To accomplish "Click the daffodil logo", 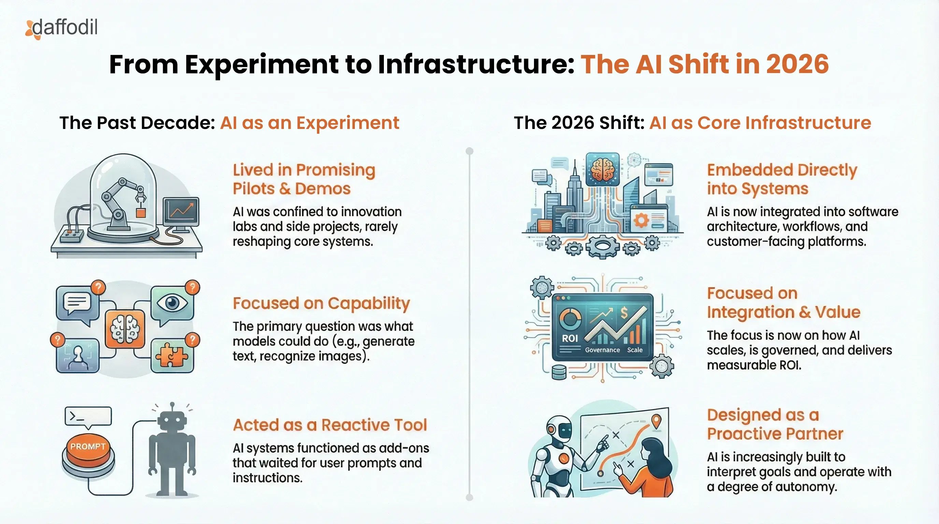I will pos(61,28).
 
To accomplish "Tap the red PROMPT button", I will pos(88,447).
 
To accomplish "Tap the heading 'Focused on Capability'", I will pos(321,303).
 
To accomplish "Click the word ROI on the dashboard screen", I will pos(570,338).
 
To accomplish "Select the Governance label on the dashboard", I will pos(602,350).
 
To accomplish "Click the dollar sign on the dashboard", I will pos(624,312).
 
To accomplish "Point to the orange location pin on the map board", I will pos(656,421).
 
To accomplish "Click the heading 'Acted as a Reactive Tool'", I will pos(330,425).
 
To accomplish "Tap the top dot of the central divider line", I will pos(470,151).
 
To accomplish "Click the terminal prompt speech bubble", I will pos(88,416).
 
